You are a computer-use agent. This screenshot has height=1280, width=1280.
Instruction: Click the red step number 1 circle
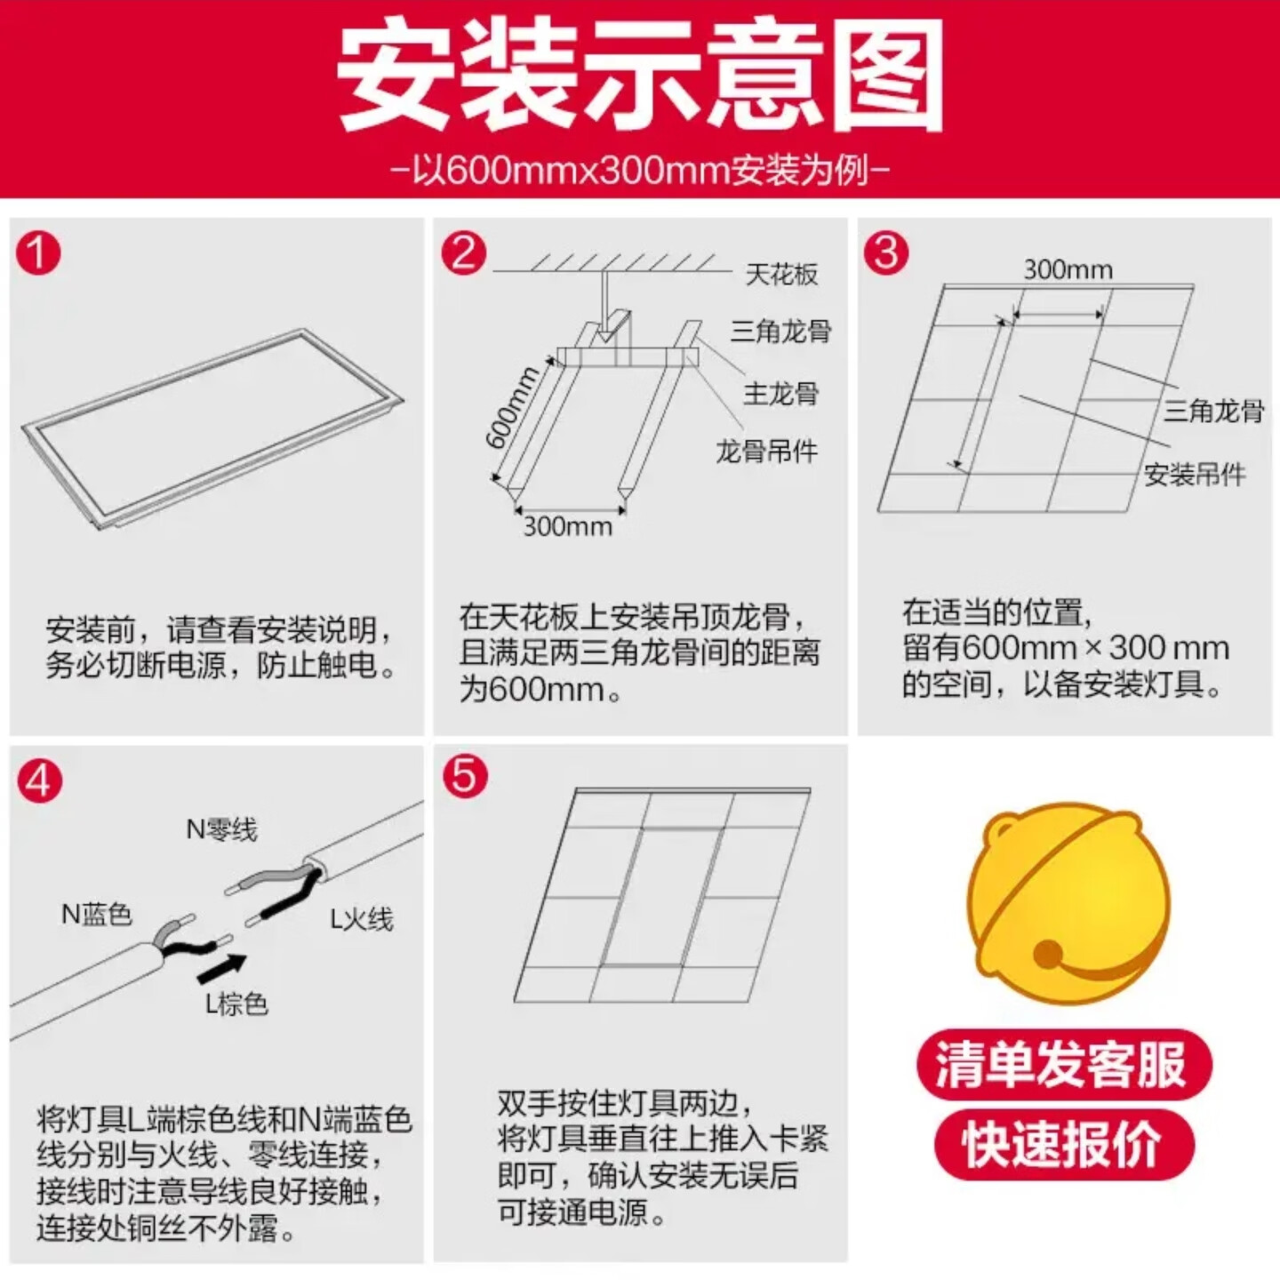pyautogui.click(x=37, y=253)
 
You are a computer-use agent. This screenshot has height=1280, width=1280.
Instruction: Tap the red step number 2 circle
pyautogui.click(x=464, y=253)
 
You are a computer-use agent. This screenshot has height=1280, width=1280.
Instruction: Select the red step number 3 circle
pyautogui.click(x=886, y=253)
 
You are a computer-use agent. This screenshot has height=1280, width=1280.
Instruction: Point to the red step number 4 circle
pyautogui.click(x=39, y=781)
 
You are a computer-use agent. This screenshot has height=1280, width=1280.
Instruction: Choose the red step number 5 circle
pyautogui.click(x=465, y=776)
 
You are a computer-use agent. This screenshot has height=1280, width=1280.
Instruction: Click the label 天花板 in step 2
pyautogui.click(x=780, y=275)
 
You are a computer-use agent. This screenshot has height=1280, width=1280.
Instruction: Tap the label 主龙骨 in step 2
pyautogui.click(x=780, y=393)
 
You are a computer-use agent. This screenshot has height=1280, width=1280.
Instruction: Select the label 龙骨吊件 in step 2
pyautogui.click(x=766, y=452)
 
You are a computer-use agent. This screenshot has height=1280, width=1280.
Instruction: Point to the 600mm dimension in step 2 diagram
pyautogui.click(x=513, y=407)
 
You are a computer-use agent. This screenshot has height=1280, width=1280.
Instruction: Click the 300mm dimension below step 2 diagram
pyautogui.click(x=567, y=527)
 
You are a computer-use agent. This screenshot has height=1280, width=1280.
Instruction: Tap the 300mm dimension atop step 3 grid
pyautogui.click(x=1068, y=269)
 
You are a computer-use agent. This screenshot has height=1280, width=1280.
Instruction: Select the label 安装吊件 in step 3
pyautogui.click(x=1194, y=475)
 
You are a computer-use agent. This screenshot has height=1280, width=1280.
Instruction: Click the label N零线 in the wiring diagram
pyautogui.click(x=221, y=829)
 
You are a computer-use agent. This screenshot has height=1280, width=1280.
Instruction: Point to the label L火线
pyautogui.click(x=361, y=919)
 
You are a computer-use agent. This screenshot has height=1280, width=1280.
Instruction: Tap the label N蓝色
pyautogui.click(x=96, y=914)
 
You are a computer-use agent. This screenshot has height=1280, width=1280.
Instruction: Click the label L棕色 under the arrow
pyautogui.click(x=236, y=1004)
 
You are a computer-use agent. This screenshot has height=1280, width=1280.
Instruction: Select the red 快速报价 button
pyautogui.click(x=1063, y=1144)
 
